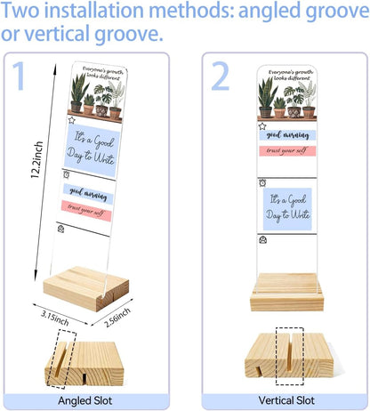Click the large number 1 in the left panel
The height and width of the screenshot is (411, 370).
[x=20, y=76]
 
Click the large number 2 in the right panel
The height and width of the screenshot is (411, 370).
[x=220, y=76]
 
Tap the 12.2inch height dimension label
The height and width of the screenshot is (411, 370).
[x=37, y=160]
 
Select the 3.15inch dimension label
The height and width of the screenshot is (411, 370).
[x=55, y=318]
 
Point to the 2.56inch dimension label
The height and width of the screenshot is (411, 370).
[x=117, y=318]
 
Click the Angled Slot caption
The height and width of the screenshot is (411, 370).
[x=85, y=400]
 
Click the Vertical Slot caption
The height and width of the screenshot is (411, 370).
[x=286, y=400]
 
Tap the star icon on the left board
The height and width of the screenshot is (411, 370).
[x=72, y=120]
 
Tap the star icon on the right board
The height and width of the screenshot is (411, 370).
[x=262, y=126]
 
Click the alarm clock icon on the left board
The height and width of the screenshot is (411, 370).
[x=67, y=174]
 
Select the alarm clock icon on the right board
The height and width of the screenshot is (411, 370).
[x=262, y=182]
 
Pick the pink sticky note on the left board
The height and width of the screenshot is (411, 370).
[x=86, y=211]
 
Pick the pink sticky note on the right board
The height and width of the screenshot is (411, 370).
[x=287, y=151]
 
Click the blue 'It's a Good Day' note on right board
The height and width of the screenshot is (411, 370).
[x=287, y=209]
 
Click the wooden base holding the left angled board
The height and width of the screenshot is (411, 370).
[x=86, y=288]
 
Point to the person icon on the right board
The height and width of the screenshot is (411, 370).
[x=262, y=239]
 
